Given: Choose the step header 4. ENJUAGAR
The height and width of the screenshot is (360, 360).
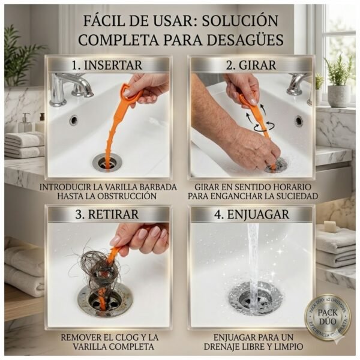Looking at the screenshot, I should point(252,214).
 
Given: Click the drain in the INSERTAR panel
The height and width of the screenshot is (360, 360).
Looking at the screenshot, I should point(107,161).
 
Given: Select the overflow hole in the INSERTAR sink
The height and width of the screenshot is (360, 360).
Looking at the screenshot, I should point(73,120).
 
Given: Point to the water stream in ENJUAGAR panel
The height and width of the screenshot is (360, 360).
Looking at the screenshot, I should point(253,258).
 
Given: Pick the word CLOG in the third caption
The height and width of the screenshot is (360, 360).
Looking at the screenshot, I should point(130,337).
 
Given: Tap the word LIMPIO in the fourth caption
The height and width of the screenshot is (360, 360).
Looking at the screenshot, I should point(287,347).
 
